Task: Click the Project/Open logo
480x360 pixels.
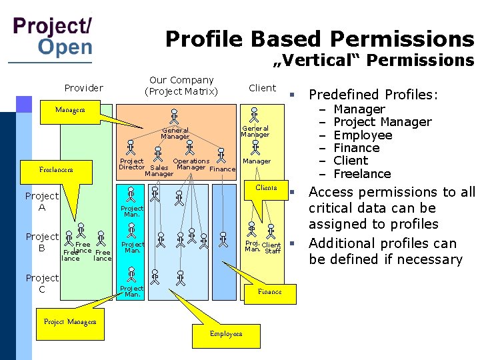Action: [x=53, y=37]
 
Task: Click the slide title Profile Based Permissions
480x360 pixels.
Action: [x=319, y=39]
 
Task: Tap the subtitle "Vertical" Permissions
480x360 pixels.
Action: [x=374, y=61]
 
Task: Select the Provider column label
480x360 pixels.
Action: [x=83, y=88]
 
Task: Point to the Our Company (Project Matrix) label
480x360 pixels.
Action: [x=181, y=85]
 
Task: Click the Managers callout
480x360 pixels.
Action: [x=70, y=109]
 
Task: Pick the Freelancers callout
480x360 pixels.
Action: [x=57, y=169]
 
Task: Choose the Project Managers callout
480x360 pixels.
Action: [x=70, y=321]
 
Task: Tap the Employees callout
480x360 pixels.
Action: [x=226, y=333]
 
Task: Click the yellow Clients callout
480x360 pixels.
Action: [x=266, y=187]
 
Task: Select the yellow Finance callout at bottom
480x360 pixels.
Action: [x=269, y=291]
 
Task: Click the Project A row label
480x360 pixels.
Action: [x=42, y=201]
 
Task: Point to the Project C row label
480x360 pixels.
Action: [x=42, y=283]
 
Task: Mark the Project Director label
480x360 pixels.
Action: [x=131, y=164]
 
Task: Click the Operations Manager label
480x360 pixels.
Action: [x=191, y=164]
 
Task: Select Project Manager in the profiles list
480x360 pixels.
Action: [x=382, y=122]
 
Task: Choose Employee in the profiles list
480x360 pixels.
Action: [x=363, y=135]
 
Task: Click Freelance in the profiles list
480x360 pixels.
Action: [x=362, y=174]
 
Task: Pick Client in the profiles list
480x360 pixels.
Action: [x=351, y=161]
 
